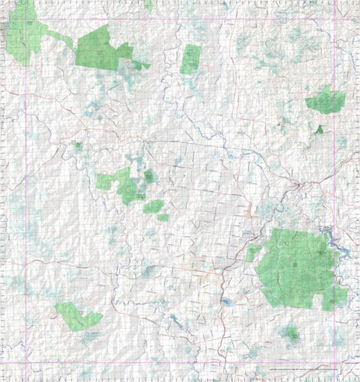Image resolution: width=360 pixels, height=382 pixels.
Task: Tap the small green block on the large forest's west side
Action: [253, 252]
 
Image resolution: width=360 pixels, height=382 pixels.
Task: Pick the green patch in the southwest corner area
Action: [76, 317]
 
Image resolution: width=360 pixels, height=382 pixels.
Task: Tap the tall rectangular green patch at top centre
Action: [190, 59]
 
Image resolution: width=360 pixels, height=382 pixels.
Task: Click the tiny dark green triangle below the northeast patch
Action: [319, 130]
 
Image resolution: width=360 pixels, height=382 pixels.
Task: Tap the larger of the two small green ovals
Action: [153, 205]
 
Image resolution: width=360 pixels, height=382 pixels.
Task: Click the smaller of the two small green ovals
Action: [163, 217]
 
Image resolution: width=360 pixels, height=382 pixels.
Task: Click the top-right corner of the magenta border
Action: [334, 19]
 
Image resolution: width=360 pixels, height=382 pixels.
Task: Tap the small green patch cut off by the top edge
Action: [148, 4]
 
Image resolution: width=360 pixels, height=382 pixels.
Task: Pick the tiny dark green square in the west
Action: [77, 145]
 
